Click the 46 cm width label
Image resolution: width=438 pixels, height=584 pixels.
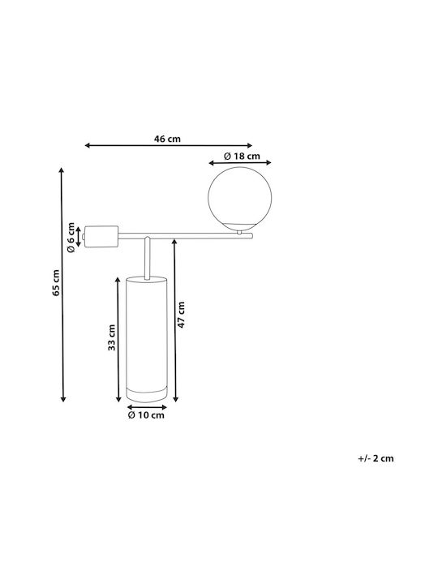pyautogui.click(x=167, y=139)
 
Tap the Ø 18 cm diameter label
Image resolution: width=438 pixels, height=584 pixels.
pyautogui.click(x=242, y=156)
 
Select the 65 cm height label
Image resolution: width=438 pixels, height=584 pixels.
pyautogui.click(x=56, y=282)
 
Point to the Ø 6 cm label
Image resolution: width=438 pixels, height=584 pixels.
pyautogui.click(x=71, y=237)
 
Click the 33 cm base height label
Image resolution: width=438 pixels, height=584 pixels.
pyautogui.click(x=111, y=337)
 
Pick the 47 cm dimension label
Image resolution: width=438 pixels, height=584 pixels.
pyautogui.click(x=181, y=315)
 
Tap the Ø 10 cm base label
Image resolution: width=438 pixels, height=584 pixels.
pyautogui.click(x=146, y=415)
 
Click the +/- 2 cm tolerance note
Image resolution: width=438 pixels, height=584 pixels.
pyautogui.click(x=376, y=458)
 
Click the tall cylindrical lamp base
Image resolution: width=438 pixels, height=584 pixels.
pyautogui.click(x=146, y=339)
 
